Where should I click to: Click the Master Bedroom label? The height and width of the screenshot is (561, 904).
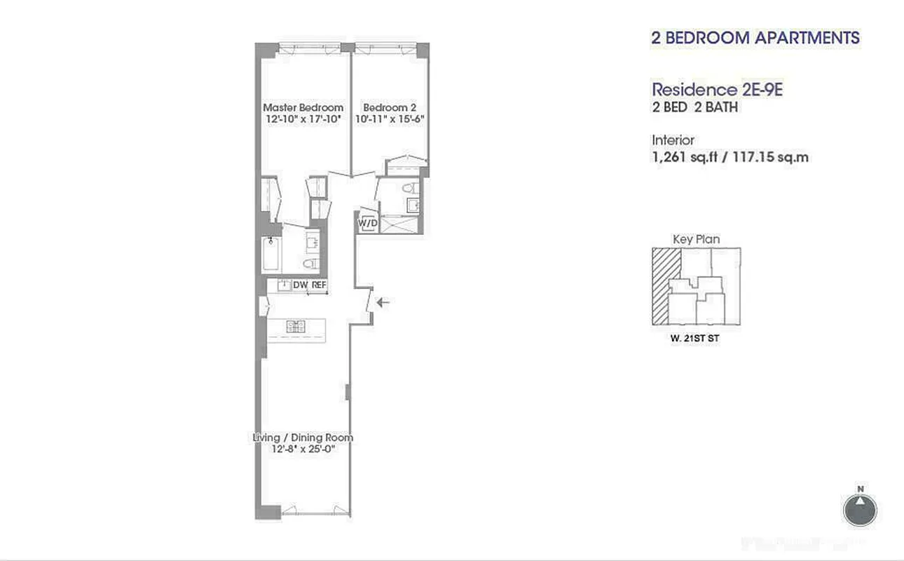click(303, 107)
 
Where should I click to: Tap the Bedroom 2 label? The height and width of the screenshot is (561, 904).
click(390, 107)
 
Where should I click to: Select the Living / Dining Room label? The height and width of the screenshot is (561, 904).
click(303, 438)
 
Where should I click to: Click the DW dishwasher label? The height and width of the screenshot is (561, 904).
click(301, 285)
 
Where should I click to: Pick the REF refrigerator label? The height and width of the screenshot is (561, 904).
click(319, 285)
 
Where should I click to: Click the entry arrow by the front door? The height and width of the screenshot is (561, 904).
click(383, 302)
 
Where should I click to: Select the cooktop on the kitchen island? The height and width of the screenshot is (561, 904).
click(296, 325)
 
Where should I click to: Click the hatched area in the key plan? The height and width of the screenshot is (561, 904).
click(664, 286)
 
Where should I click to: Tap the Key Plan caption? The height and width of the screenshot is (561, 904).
click(696, 239)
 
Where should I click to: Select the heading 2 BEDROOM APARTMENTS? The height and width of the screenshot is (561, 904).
click(755, 38)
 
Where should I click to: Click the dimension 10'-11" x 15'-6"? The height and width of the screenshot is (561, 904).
click(390, 119)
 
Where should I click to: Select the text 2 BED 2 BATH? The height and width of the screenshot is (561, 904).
click(695, 108)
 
